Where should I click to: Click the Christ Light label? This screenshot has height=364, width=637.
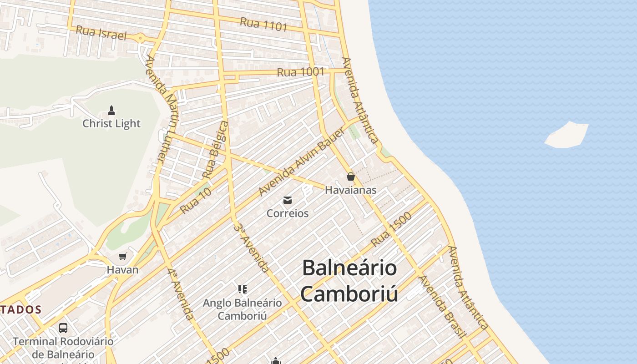(x=111, y=123)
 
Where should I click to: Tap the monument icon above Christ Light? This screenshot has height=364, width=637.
(x=111, y=110)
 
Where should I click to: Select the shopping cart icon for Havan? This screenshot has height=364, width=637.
(x=122, y=256)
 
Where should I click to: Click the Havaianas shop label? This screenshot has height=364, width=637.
(x=350, y=190)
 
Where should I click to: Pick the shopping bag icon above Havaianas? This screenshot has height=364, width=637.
(x=350, y=177)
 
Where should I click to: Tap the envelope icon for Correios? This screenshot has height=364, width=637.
(x=288, y=200)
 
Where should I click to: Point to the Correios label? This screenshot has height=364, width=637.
(x=288, y=213)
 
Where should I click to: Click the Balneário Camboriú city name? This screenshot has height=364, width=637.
(x=349, y=280)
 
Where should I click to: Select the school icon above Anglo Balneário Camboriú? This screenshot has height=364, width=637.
(x=243, y=289)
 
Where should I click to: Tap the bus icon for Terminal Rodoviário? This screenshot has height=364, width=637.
(x=63, y=328)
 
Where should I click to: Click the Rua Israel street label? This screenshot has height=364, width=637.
(x=101, y=33)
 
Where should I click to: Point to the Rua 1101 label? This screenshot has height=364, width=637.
(x=264, y=24)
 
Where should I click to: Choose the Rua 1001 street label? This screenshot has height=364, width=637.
(x=301, y=72)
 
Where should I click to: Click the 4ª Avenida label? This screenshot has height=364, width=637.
(x=181, y=293)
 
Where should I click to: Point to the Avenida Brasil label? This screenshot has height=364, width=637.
(x=442, y=306)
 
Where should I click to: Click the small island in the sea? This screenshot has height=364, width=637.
(x=566, y=135)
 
